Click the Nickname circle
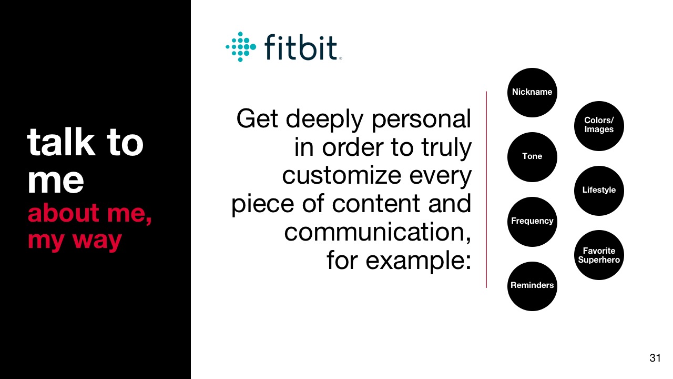pos(532,92)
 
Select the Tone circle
pos(532,157)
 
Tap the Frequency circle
pos(532,222)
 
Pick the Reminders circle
pos(532,286)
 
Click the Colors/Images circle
pos(599,126)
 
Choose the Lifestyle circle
pos(599,191)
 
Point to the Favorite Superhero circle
pos(599,255)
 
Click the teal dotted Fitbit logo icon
pos(241,47)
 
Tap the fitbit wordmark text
pos(303,47)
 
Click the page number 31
pos(655,358)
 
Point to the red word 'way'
pos(97,241)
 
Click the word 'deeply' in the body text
pos(324,121)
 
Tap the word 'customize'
pos(342,175)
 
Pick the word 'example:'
pos(418,261)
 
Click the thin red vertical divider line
pos(486,189)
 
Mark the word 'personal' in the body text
pos(421,121)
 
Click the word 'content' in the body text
pos(375,204)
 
